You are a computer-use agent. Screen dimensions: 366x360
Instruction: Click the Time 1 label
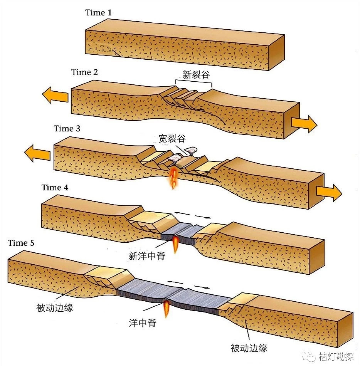click(x=98, y=13)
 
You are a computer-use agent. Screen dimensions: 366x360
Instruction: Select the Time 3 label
click(x=67, y=128)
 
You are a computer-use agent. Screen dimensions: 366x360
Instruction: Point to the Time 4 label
click(x=55, y=188)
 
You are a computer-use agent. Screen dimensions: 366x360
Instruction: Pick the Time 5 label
click(x=24, y=243)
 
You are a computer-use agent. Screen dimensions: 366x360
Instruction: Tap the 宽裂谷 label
click(x=172, y=138)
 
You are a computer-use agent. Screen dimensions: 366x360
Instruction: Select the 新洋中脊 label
click(x=147, y=256)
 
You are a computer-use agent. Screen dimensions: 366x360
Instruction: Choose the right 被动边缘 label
click(x=249, y=348)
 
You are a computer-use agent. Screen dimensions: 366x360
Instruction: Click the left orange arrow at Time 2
click(x=55, y=95)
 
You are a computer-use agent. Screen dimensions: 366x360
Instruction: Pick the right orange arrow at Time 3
click(x=329, y=192)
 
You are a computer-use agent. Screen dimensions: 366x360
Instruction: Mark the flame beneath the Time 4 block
click(x=175, y=244)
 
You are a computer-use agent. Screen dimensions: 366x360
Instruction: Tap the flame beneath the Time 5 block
click(x=167, y=309)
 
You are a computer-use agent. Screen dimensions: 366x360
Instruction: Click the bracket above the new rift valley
click(x=193, y=82)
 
